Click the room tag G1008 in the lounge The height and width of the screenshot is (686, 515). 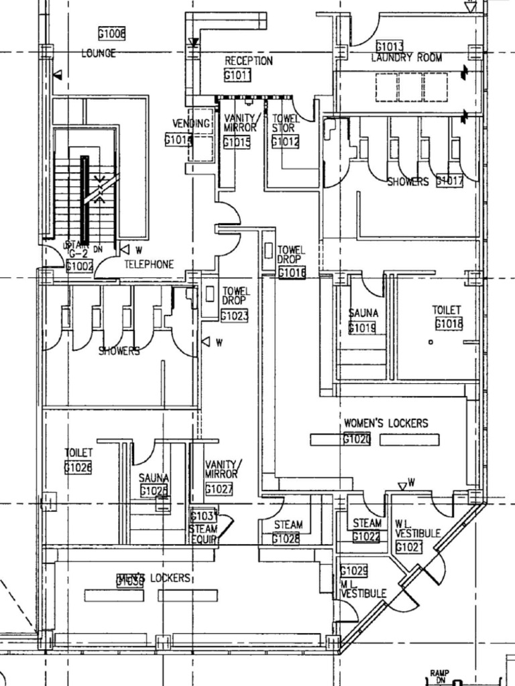coord(112,33)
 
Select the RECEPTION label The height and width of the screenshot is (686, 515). coord(248,61)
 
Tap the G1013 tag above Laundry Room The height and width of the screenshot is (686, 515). coord(389,46)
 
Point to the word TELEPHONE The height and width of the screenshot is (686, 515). coord(149,265)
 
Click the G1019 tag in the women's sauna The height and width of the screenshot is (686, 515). coord(362,328)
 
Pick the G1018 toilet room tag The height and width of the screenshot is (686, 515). coord(449,324)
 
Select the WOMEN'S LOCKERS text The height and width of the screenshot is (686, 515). coord(386,423)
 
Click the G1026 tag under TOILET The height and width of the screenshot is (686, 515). coord(78,468)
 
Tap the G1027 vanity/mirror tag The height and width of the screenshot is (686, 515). coord(219,489)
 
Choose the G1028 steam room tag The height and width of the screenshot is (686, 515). coord(286,539)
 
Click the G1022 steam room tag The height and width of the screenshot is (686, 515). coord(366,537)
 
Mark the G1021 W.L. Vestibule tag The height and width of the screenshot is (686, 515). coord(408,547)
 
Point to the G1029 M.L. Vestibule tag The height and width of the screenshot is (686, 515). coord(353,571)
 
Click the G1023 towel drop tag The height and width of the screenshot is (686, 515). coord(234,316)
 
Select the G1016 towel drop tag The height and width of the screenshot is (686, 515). coord(292,273)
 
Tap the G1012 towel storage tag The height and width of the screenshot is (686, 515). coord(285,141)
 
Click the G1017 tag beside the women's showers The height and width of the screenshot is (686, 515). coord(449,181)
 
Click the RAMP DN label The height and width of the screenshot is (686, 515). coord(440,675)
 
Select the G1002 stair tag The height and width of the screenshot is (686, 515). coord(80,266)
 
